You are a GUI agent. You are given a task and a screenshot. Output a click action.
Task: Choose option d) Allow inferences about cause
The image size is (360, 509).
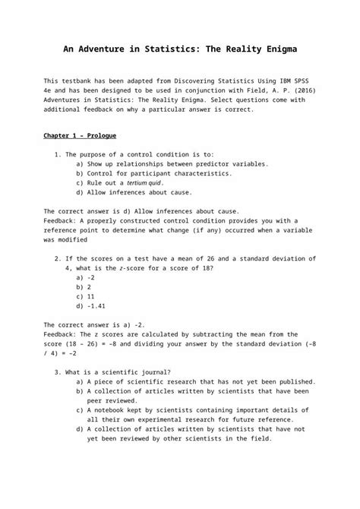133,193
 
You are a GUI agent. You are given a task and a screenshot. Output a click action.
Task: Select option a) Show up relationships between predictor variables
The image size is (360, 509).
171,163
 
